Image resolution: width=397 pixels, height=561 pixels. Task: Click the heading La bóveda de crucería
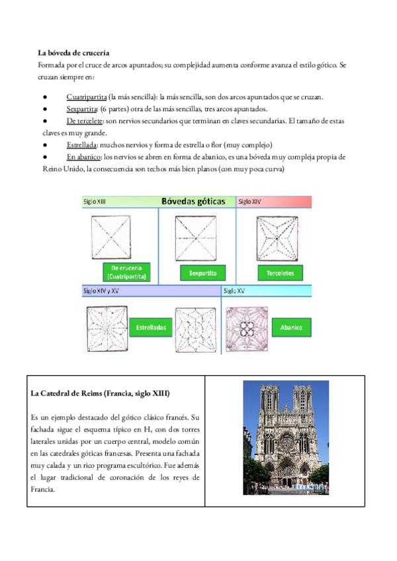click(x=73, y=52)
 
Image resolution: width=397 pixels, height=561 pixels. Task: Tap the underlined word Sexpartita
click(x=82, y=109)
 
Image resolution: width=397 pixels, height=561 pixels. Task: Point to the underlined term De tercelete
click(x=85, y=121)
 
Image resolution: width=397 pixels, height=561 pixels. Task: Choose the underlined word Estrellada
click(x=82, y=145)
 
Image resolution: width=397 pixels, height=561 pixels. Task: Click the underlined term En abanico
click(x=83, y=157)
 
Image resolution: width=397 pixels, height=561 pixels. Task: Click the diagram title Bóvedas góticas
click(x=193, y=201)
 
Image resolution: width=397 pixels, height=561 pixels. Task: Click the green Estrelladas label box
click(x=151, y=327)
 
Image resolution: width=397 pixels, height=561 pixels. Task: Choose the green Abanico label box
click(x=291, y=327)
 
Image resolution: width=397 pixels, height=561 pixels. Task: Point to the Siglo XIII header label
click(x=95, y=201)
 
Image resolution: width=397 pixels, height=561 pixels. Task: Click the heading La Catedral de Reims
click(x=100, y=394)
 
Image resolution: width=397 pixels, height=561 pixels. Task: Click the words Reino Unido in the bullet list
click(x=60, y=169)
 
